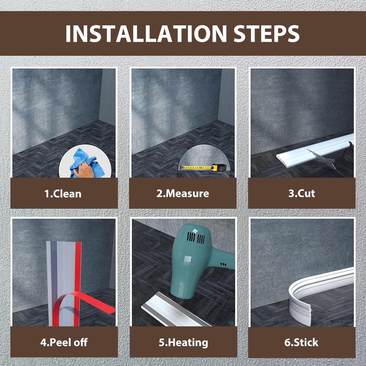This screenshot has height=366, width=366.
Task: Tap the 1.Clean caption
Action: [x=63, y=194]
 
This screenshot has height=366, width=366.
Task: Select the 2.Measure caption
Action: [x=183, y=193]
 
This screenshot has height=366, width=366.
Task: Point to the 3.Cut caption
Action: [x=302, y=193]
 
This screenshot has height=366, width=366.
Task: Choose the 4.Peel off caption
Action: [x=64, y=342]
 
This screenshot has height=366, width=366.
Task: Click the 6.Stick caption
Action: [x=301, y=342]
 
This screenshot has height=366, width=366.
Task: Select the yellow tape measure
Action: [x=203, y=167]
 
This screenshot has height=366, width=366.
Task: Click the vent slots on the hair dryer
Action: [x=196, y=238]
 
